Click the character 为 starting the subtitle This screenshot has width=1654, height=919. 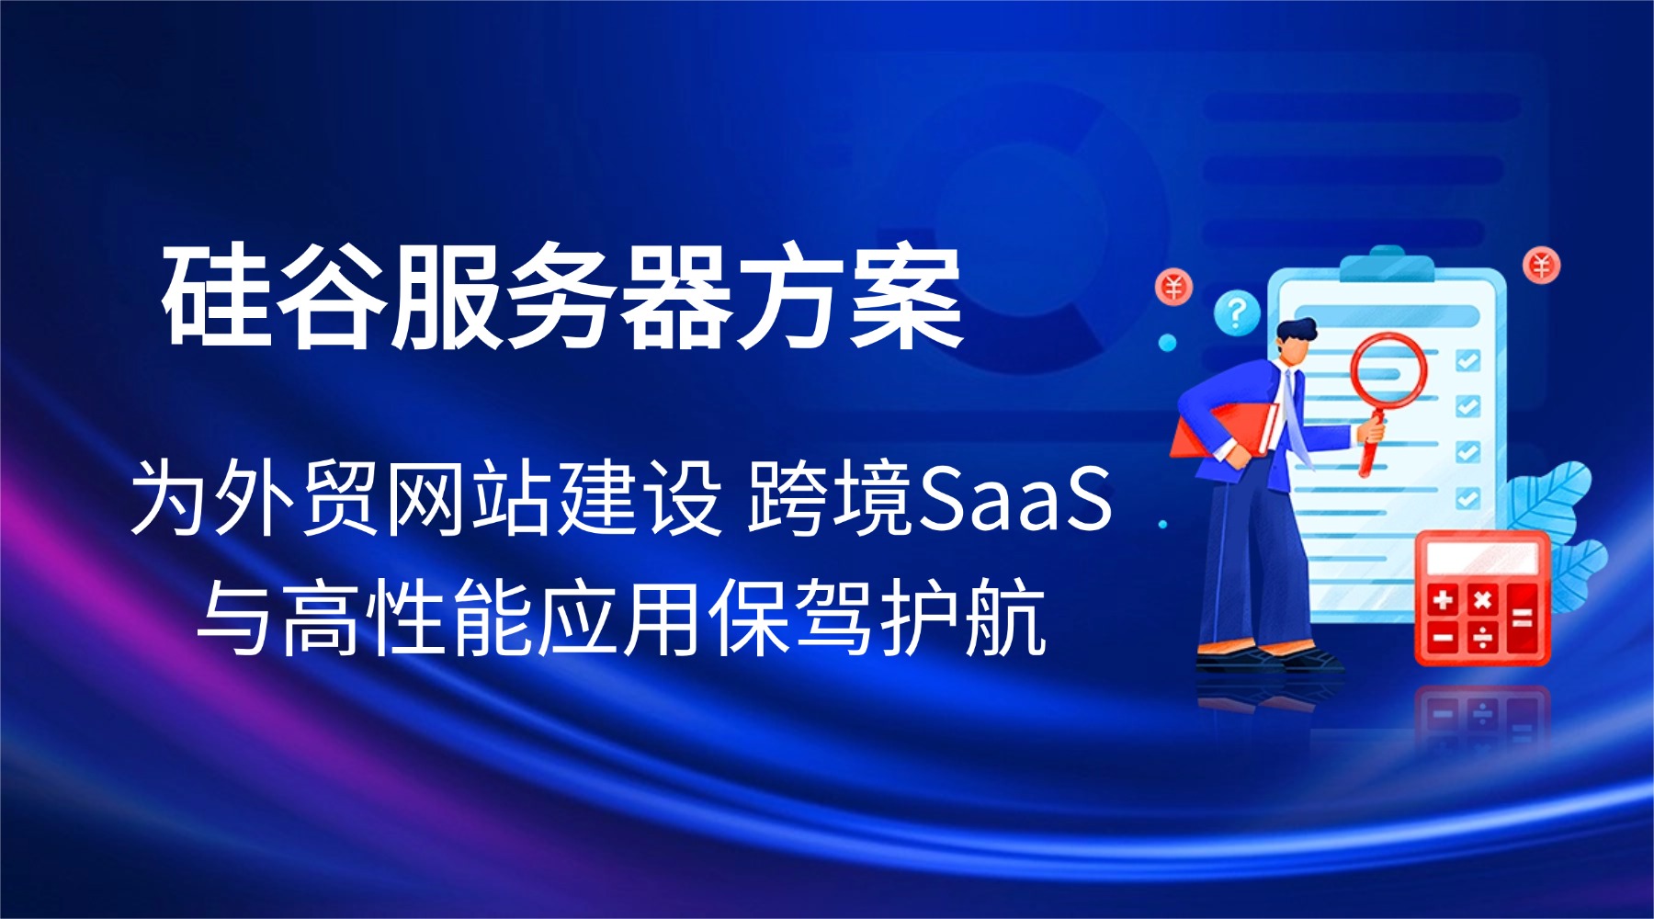coord(170,499)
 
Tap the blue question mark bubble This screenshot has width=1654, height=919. coord(1237,313)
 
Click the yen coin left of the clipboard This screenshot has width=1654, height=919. coord(1173,288)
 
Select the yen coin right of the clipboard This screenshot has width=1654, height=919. coord(1542,266)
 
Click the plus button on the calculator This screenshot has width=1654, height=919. coord(1443,600)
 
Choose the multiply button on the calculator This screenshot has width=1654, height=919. coord(1482,600)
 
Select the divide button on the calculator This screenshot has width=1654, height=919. coord(1482,636)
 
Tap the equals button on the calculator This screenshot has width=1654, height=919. coord(1522,618)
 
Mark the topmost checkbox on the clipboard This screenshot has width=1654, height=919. coord(1467,360)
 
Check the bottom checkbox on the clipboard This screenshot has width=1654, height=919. coord(1467,498)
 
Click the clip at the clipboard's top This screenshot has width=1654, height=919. coord(1387,265)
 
